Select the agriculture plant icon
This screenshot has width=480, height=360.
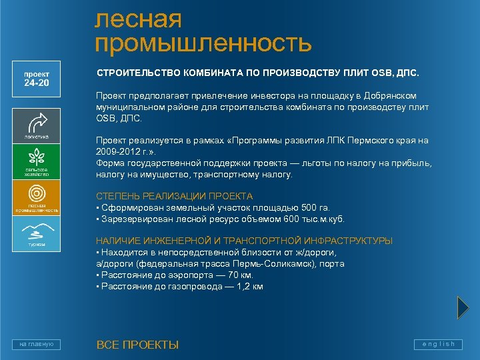pyautogui.click(x=37, y=157)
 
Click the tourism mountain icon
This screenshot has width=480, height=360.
pyautogui.click(x=37, y=231)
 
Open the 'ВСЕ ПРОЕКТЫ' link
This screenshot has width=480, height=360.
pyautogui.click(x=137, y=345)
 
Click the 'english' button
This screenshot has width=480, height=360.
pyautogui.click(x=438, y=344)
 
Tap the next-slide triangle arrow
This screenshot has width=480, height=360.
pyautogui.click(x=463, y=307)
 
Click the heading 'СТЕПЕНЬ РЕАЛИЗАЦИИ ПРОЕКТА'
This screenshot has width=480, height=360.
pyautogui.click(x=175, y=196)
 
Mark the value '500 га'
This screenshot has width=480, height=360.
pyautogui.click(x=313, y=207)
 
